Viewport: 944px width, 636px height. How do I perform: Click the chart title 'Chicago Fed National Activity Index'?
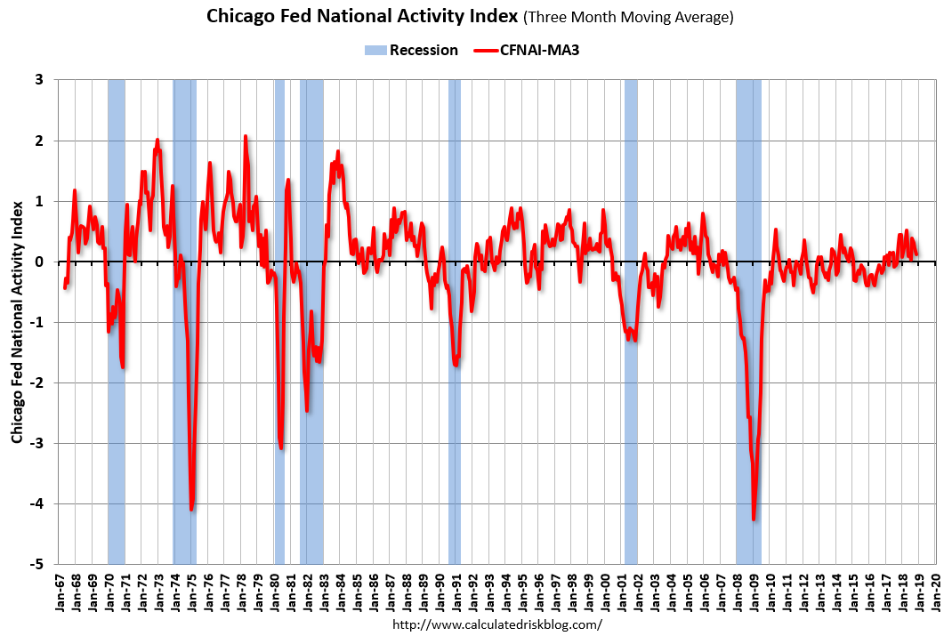[362, 16]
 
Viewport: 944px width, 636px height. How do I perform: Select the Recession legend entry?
[411, 50]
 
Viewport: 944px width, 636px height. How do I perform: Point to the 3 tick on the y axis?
[39, 80]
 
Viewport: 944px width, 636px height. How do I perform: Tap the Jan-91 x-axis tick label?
[456, 590]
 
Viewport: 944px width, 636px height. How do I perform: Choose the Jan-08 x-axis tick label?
[736, 590]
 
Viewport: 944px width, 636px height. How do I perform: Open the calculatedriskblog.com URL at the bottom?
[497, 624]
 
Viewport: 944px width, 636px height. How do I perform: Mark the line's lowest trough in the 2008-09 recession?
[754, 519]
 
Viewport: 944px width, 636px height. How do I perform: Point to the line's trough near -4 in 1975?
[191, 509]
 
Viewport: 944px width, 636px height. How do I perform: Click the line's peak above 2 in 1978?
[246, 136]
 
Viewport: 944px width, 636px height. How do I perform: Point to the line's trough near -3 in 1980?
[281, 447]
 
